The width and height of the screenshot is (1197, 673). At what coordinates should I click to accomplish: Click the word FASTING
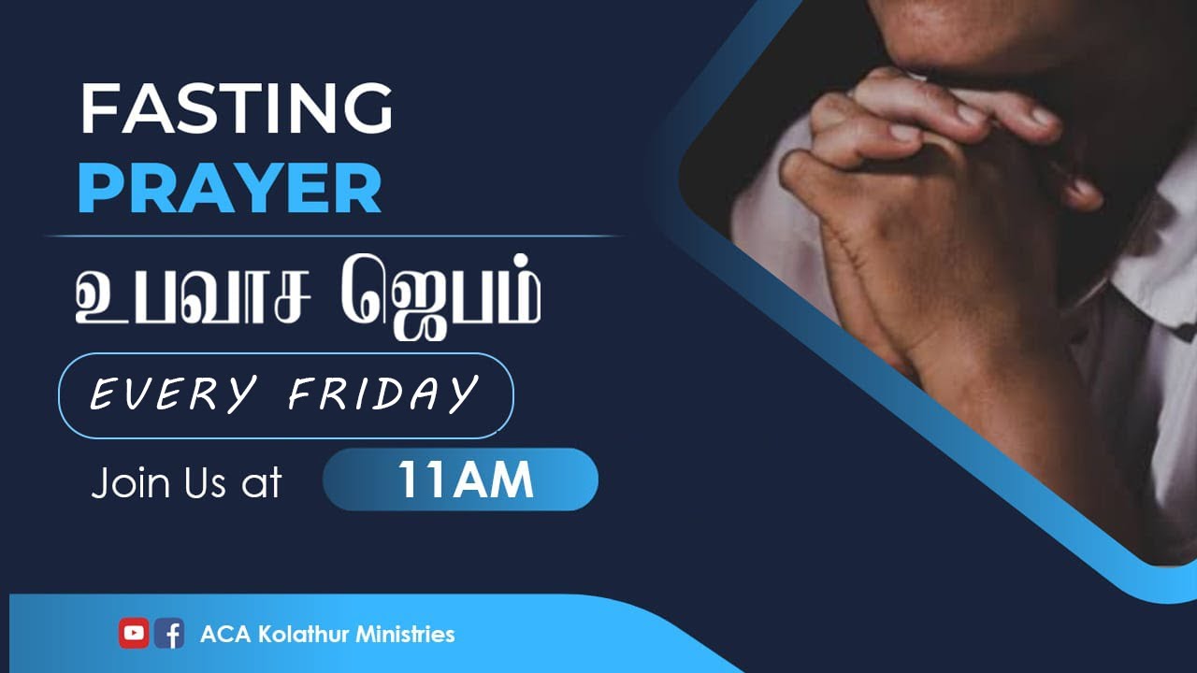click(236, 109)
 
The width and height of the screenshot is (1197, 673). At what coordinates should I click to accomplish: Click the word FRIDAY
click(383, 394)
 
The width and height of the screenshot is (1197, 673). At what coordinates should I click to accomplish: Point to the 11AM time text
click(465, 480)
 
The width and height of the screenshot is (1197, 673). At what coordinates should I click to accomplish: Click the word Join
click(128, 483)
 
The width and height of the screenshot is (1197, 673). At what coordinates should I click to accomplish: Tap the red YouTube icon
click(134, 634)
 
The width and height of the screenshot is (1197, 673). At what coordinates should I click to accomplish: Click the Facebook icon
click(169, 634)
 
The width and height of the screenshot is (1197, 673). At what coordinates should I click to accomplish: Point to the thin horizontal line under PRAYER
click(337, 236)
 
